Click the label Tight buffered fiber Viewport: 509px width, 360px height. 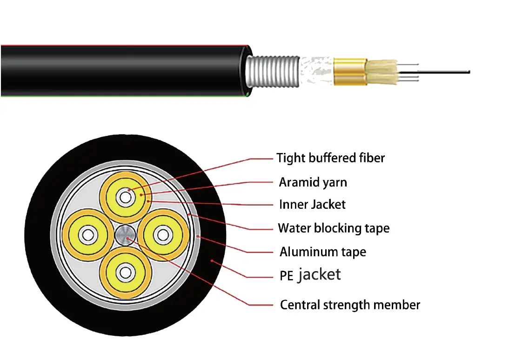(330, 158)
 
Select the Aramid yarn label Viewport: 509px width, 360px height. (313, 182)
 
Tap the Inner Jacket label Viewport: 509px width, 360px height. (312, 205)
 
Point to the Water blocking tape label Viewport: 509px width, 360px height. (334, 228)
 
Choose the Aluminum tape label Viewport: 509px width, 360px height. (322, 252)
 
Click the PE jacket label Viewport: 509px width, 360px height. (310, 275)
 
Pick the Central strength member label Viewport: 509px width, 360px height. (350, 305)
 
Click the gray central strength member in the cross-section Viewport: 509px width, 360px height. (125, 234)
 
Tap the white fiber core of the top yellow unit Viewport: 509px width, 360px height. (125, 197)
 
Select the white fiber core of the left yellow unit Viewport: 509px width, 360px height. (87, 234)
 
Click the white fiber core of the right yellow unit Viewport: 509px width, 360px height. (163, 234)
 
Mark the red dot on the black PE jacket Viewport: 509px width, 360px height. (212, 261)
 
